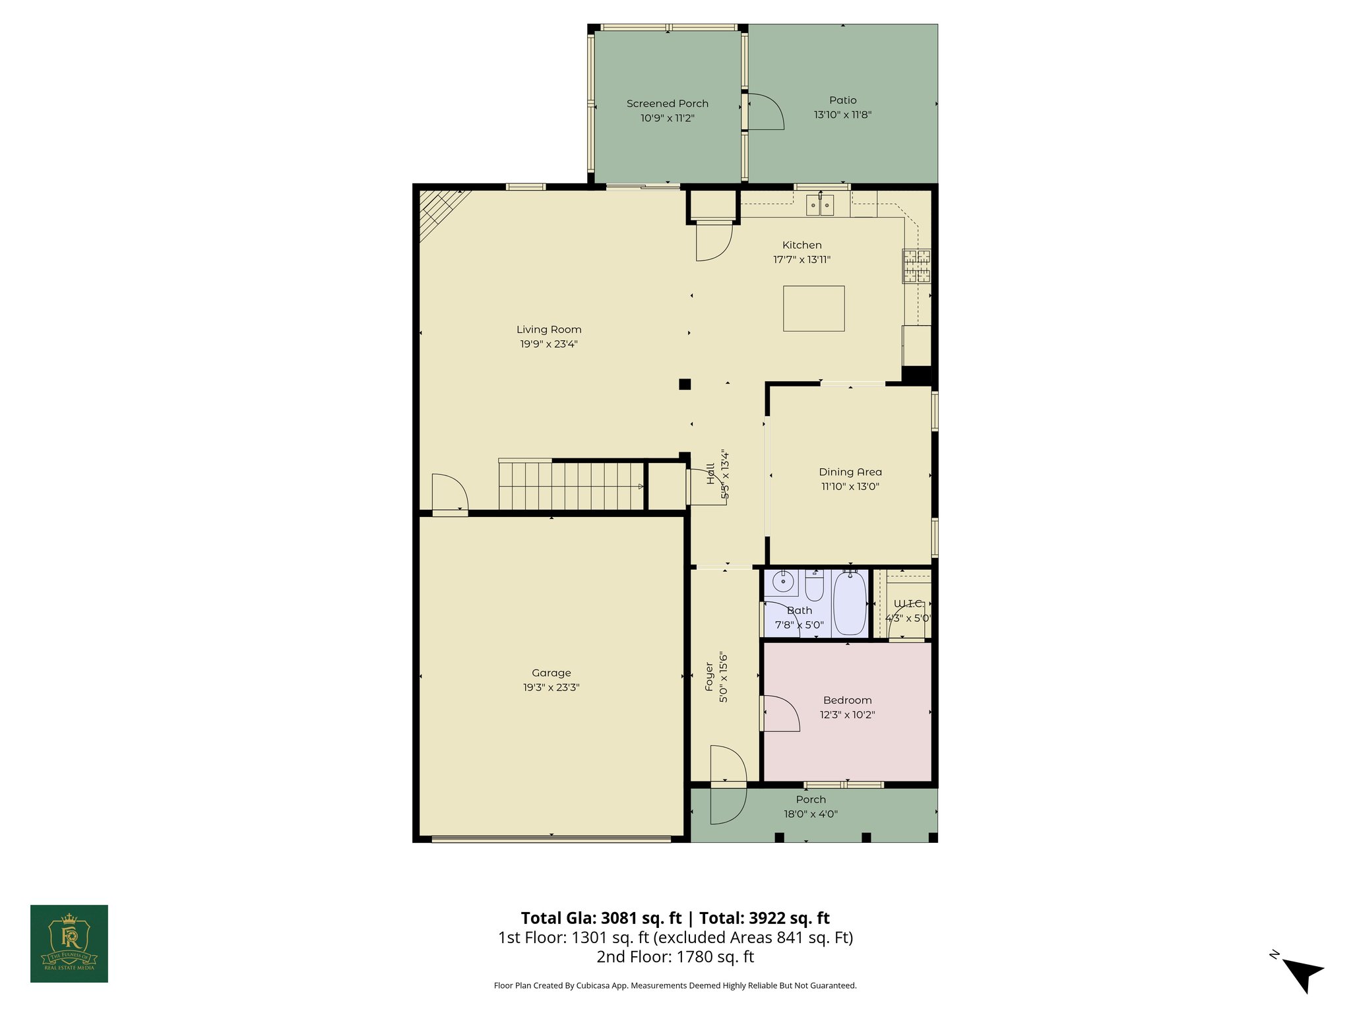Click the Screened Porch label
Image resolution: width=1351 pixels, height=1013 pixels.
[667, 104]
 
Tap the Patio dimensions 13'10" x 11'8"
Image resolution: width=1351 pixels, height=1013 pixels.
[842, 115]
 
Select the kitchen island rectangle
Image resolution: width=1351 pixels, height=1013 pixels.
[813, 308]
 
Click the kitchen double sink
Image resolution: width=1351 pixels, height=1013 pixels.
[820, 206]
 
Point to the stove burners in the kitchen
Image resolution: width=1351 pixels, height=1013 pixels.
[917, 266]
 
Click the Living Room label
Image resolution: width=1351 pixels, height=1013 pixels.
[549, 330]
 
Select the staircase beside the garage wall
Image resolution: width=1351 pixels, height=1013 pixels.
[571, 486]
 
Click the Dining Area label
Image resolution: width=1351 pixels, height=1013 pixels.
[850, 472]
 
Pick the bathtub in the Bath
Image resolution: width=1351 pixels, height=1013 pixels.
[850, 604]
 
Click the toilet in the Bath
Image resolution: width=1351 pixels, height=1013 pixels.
[814, 586]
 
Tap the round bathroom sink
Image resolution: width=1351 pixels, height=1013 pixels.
[782, 582]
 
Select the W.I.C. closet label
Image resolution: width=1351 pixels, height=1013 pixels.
[908, 604]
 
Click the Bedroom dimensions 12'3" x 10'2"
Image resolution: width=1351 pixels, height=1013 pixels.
[847, 715]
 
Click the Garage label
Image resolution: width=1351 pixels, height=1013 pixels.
[551, 673]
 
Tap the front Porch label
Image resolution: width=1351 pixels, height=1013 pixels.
[810, 800]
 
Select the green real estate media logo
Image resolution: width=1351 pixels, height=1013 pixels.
[69, 943]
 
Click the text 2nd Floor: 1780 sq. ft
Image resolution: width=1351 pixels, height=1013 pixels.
[675, 956]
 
